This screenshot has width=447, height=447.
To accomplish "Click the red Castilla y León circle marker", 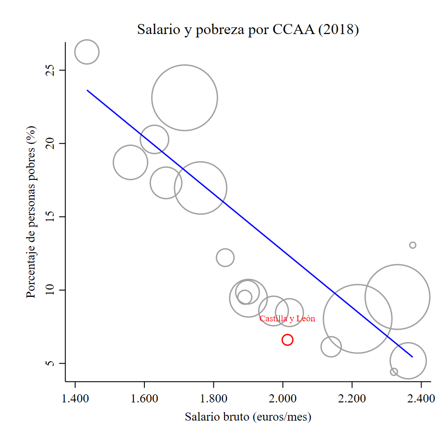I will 287,340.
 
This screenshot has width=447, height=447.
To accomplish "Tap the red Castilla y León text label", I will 287,319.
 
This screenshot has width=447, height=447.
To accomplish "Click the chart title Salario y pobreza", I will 248,30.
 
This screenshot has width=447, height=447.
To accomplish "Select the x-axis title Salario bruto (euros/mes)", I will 248,417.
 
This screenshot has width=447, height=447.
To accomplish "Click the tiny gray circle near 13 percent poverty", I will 412,245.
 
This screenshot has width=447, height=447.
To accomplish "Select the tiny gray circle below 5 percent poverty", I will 394,372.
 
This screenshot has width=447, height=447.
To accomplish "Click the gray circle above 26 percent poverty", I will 87,52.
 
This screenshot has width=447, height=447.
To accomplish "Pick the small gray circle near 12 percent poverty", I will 225,258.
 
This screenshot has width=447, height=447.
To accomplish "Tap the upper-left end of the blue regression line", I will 87,90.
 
